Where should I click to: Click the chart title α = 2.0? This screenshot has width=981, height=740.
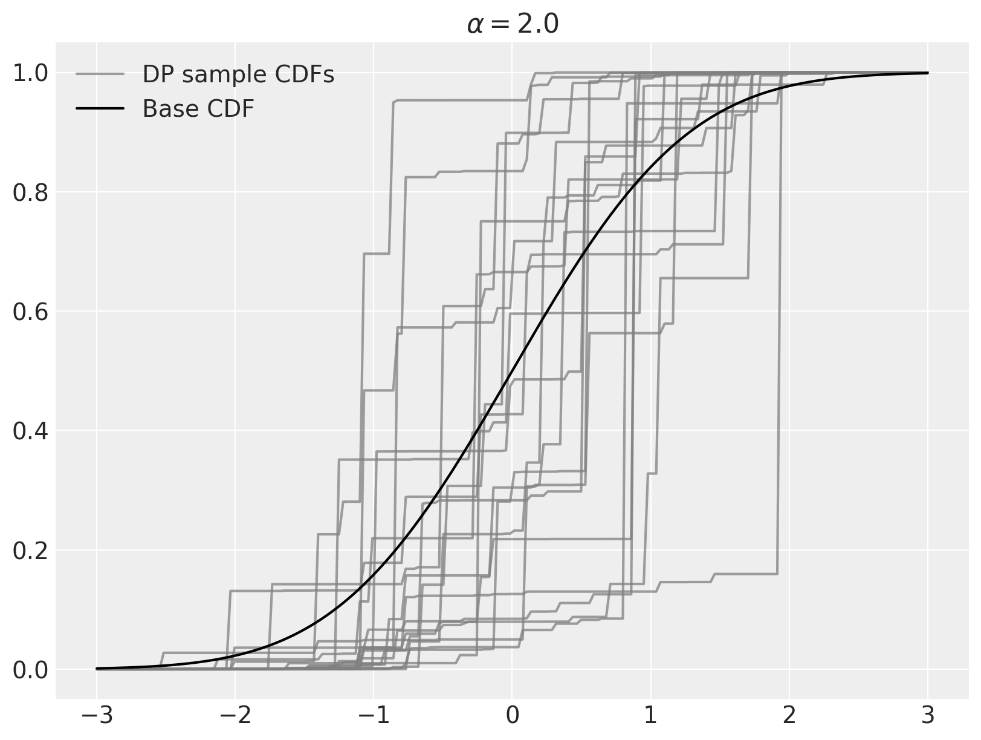pyautogui.click(x=512, y=25)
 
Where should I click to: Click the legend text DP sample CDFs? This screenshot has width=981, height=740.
pyautogui.click(x=238, y=74)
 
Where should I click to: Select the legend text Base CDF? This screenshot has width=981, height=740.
pyautogui.click(x=198, y=109)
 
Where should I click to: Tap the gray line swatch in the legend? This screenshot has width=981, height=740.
pyautogui.click(x=100, y=74)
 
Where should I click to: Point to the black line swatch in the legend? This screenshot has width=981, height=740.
pyautogui.click(x=100, y=109)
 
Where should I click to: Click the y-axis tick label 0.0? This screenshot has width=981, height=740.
pyautogui.click(x=30, y=670)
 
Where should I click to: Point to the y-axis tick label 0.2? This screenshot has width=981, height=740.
pyautogui.click(x=30, y=551)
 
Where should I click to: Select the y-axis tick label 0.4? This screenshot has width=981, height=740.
pyautogui.click(x=30, y=431)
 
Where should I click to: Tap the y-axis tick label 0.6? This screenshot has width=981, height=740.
pyautogui.click(x=30, y=312)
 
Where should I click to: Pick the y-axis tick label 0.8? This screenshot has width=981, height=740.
pyautogui.click(x=30, y=193)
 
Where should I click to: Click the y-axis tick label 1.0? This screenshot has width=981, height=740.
pyautogui.click(x=30, y=74)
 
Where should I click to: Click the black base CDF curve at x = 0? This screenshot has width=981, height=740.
pyautogui.click(x=512, y=371)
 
